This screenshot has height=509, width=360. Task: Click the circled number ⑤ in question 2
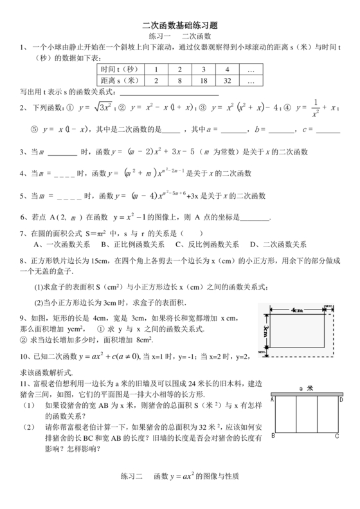[x=34, y=129]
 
